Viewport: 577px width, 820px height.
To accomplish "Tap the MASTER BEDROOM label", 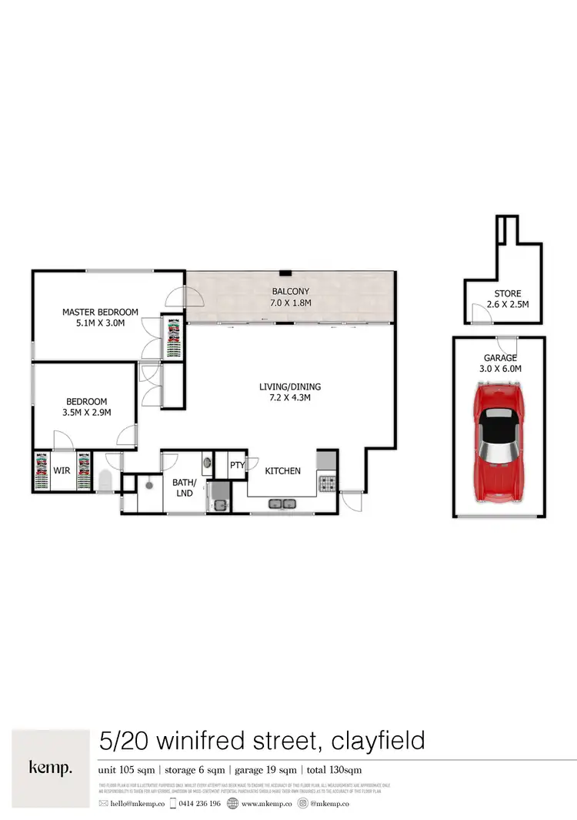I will click(x=100, y=312).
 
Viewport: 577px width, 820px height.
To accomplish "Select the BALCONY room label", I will click(x=291, y=292).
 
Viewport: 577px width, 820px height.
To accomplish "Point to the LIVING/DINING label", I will click(x=290, y=387).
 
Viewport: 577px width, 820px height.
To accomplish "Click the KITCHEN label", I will click(x=282, y=470).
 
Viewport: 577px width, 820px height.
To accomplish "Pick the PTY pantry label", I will click(x=237, y=465).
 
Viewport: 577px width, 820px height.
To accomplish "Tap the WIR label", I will click(x=62, y=470).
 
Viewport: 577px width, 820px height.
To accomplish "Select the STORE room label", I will click(x=508, y=293).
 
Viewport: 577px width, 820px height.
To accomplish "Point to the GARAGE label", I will click(x=499, y=358).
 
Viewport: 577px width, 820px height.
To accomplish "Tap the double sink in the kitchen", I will click(x=282, y=504).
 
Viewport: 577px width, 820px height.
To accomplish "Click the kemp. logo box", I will click(x=51, y=768).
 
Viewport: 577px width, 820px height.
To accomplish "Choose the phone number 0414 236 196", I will click(x=198, y=803).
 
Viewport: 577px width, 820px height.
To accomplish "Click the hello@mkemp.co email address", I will click(x=137, y=803).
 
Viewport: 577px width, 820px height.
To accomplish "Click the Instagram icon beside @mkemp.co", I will click(x=302, y=803).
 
